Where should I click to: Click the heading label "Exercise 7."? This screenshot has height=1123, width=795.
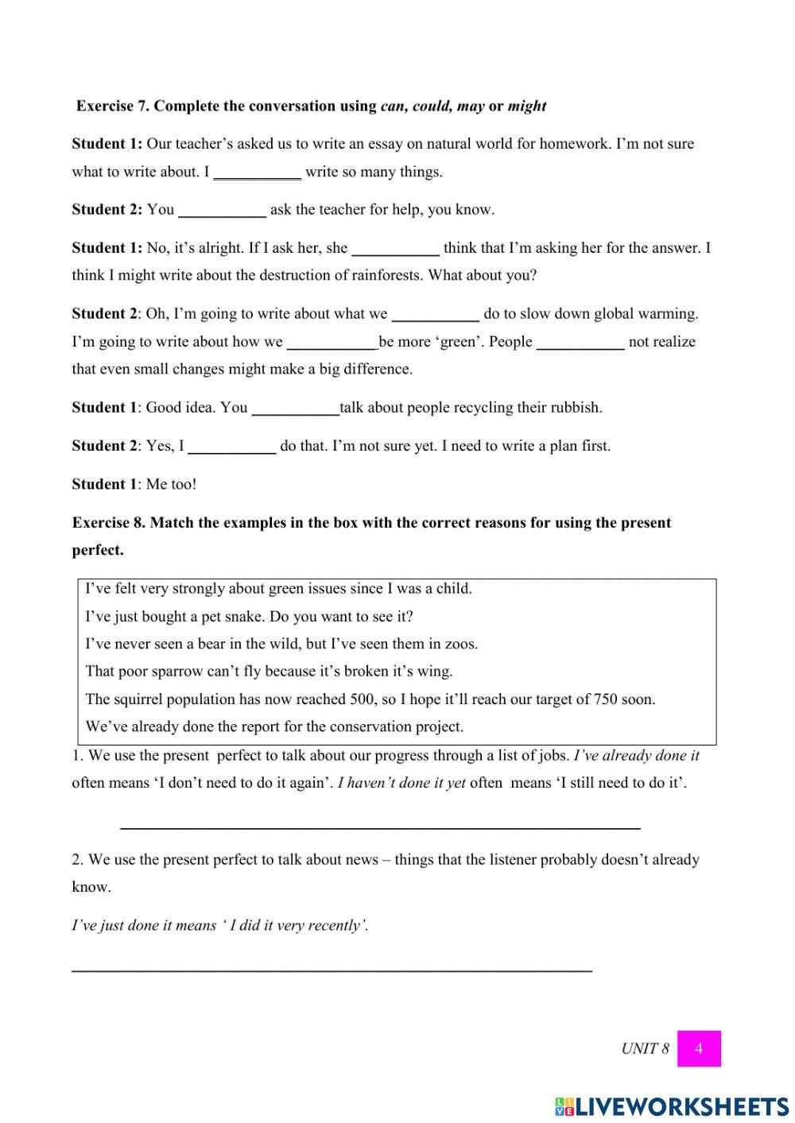(x=113, y=106)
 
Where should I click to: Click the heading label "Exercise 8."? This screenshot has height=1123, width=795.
(x=109, y=523)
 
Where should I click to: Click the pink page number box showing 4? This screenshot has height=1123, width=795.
(x=699, y=1048)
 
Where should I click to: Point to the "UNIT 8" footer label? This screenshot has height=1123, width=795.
(x=645, y=1048)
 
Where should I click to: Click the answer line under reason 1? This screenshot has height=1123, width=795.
(x=380, y=827)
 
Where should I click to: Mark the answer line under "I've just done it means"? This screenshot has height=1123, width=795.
(x=332, y=969)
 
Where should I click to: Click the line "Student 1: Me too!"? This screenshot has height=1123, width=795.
(x=134, y=484)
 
